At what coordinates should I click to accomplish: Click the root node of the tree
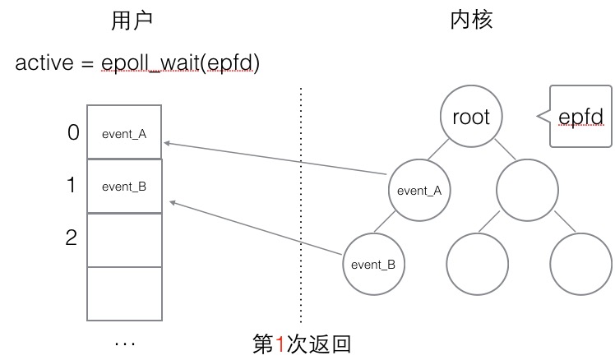tap(471, 117)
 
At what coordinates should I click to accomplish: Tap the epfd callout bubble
tap(580, 117)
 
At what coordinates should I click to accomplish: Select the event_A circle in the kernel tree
tap(419, 190)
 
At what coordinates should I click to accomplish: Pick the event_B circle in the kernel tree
tap(372, 264)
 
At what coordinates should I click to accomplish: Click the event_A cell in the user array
tap(124, 132)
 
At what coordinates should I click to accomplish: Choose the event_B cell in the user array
tap(124, 186)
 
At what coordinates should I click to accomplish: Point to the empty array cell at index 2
tap(124, 239)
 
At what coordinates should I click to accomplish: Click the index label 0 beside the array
tap(72, 132)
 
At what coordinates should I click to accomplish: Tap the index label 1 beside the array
tap(72, 185)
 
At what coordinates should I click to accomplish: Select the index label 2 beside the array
tap(72, 238)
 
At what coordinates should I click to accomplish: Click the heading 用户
tap(132, 21)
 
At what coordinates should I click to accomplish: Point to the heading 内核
tap(471, 21)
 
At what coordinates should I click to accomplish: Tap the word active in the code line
tap(42, 63)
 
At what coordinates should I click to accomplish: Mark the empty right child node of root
tap(527, 190)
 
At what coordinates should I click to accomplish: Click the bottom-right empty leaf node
tap(580, 264)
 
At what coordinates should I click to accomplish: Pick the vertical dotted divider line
tap(301, 205)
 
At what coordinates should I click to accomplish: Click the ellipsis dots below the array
tap(125, 341)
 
